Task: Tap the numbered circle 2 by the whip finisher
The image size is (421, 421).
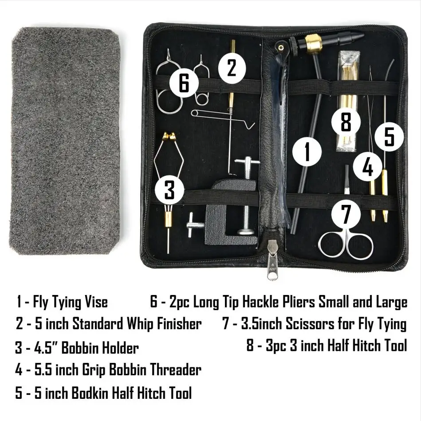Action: pos(231,68)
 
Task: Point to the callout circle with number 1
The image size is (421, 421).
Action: pos(307,151)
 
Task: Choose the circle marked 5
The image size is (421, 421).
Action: pos(389,136)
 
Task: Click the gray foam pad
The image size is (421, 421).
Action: pos(65,141)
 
